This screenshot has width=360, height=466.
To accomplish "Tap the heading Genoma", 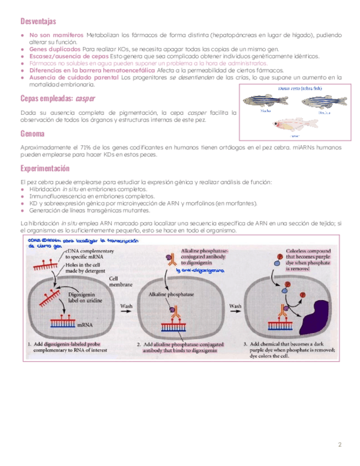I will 32,134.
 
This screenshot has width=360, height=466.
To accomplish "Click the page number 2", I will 340,444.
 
